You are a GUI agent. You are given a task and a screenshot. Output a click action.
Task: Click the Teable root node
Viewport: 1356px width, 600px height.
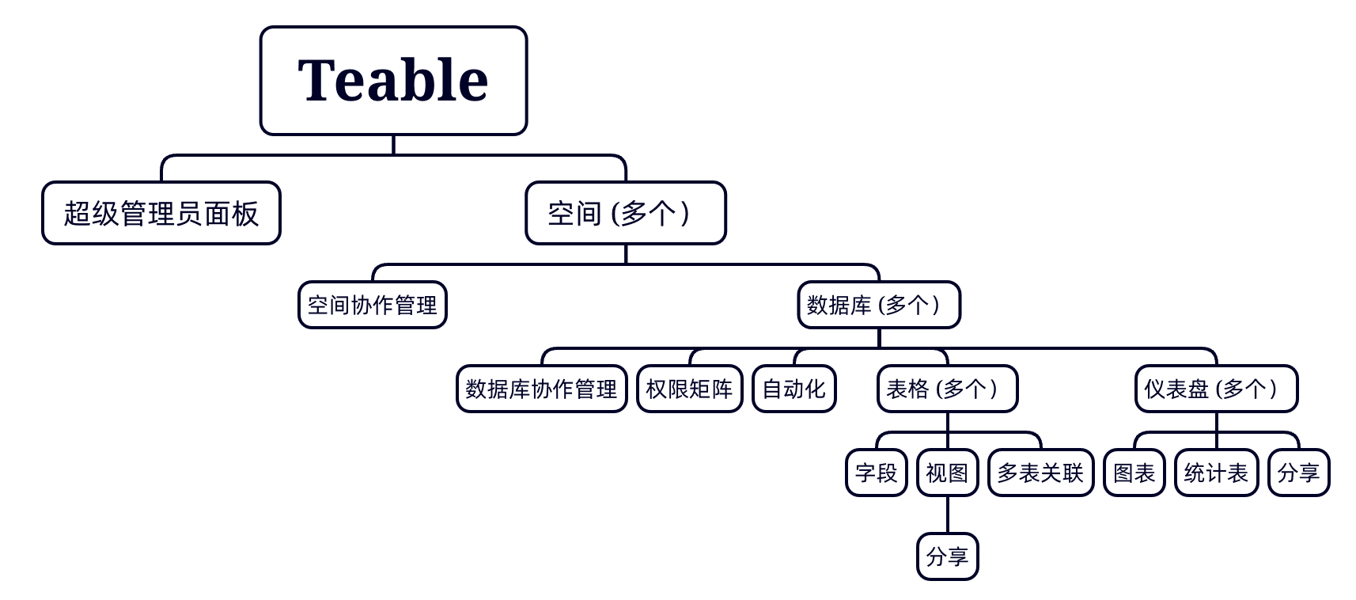(393, 81)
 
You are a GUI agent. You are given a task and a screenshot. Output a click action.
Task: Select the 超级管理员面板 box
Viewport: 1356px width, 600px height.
(161, 213)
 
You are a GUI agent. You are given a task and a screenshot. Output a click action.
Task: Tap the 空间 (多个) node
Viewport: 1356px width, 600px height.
(626, 213)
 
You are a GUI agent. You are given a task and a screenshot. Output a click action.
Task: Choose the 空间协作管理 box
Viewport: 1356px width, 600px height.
(373, 305)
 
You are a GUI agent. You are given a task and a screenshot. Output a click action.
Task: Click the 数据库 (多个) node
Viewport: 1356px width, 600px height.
(879, 305)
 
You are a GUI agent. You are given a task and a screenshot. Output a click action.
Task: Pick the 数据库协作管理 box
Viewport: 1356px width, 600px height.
(542, 389)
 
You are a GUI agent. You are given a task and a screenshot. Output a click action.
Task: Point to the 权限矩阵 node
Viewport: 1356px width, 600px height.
(690, 389)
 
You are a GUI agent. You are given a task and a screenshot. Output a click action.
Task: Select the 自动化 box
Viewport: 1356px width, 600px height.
(794, 389)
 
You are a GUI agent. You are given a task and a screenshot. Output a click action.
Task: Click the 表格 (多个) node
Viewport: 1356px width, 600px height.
(948, 389)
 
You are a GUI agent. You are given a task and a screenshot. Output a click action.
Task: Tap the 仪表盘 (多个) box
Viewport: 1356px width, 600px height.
(1217, 389)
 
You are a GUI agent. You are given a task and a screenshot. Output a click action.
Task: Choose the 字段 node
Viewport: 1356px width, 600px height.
(877, 473)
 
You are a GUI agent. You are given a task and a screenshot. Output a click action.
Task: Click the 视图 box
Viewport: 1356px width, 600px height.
(948, 473)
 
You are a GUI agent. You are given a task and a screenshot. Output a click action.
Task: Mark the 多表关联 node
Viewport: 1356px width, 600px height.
(1041, 473)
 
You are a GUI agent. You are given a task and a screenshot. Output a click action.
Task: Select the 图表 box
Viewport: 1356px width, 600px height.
(1134, 473)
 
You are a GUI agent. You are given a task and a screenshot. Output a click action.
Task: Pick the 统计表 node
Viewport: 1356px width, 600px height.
(1217, 473)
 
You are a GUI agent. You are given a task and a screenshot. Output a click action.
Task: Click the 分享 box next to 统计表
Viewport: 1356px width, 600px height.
(1299, 473)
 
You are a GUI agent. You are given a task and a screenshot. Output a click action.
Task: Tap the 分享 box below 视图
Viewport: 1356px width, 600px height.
(948, 556)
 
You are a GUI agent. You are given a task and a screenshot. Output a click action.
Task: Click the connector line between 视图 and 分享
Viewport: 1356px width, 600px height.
(948, 515)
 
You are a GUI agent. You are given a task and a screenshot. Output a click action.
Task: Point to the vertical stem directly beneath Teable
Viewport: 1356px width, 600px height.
(393, 145)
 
